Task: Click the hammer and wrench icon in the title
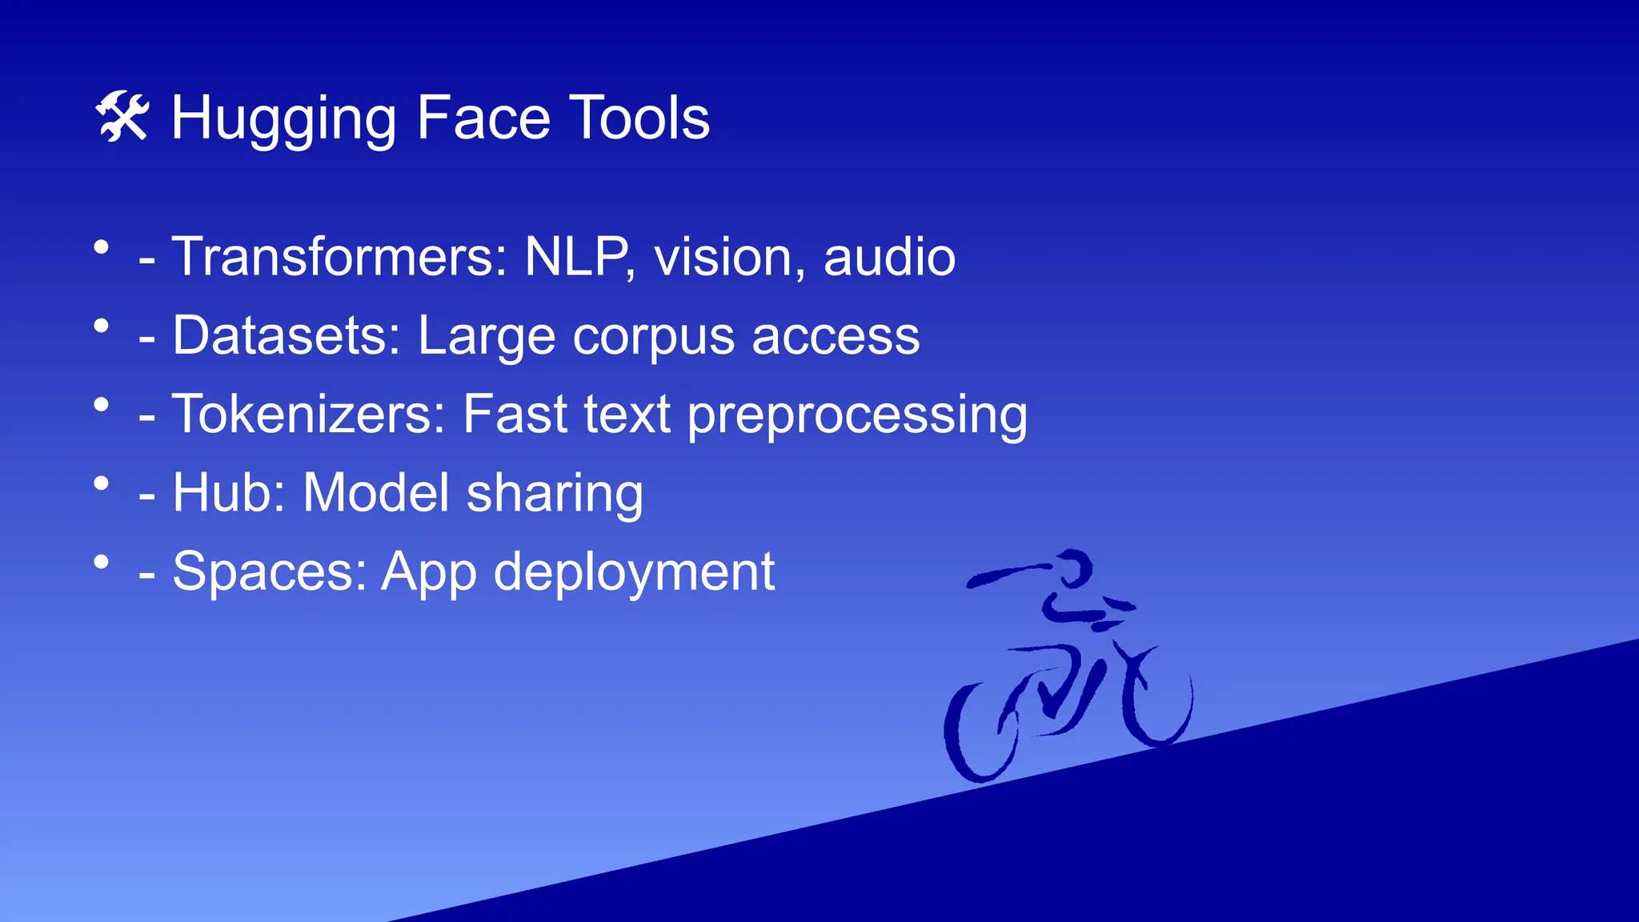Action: [x=122, y=117]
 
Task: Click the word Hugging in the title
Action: [x=284, y=118]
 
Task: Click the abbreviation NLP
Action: [x=575, y=257]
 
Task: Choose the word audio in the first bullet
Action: [x=889, y=257]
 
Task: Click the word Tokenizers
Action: [x=308, y=414]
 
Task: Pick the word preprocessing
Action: [x=857, y=415]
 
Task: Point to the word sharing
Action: [x=555, y=493]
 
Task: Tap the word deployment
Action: [x=634, y=572]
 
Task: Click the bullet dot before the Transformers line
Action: [x=101, y=247]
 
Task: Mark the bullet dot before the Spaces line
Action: [x=101, y=562]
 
